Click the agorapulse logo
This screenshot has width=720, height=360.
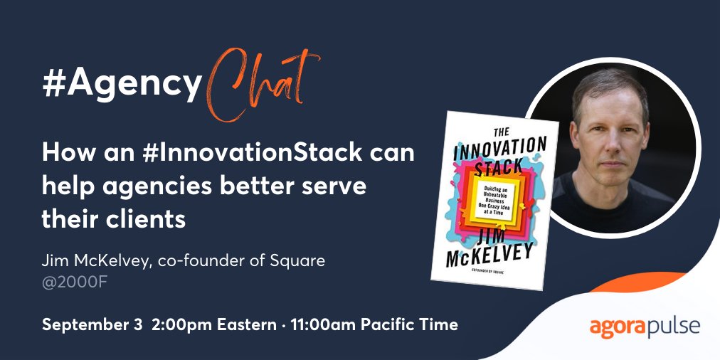pos(645,327)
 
